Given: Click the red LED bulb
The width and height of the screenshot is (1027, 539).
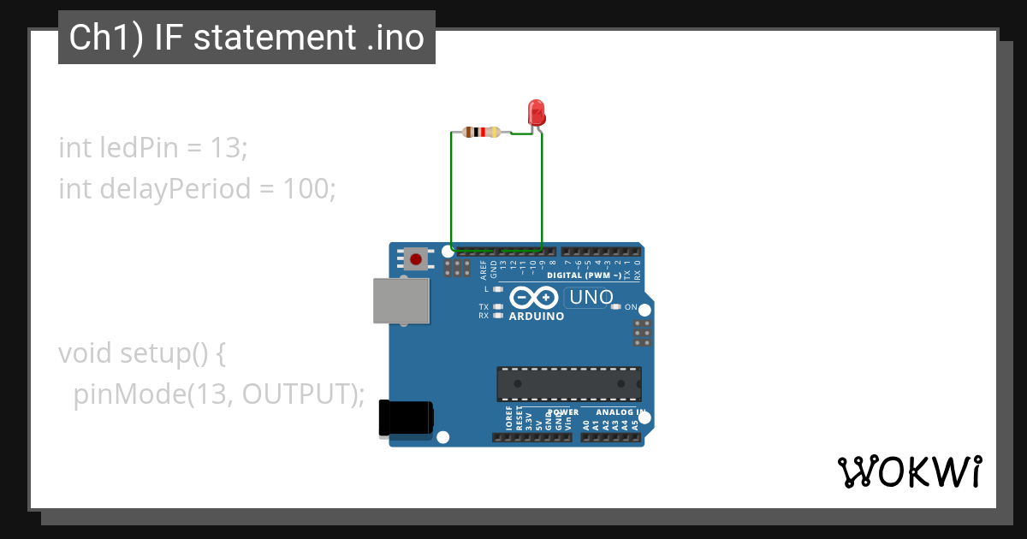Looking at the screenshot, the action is click(537, 112).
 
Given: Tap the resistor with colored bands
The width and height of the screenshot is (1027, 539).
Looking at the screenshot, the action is click(480, 132).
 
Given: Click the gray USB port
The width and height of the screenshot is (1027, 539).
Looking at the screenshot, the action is click(401, 300).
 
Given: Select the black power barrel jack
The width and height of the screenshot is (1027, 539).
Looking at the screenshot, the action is click(405, 418).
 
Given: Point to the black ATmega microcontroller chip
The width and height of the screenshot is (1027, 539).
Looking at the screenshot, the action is click(568, 383).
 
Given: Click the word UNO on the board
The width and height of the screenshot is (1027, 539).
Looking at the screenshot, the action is click(591, 298).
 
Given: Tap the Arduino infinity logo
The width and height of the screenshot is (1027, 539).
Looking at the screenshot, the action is click(535, 299).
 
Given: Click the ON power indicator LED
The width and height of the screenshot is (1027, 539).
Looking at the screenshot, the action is click(615, 306).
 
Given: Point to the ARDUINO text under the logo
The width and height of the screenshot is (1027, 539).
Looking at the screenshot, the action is click(537, 317).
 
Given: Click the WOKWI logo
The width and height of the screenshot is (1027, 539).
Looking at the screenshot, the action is click(909, 471).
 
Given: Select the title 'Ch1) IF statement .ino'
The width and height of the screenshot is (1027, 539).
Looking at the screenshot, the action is click(246, 38).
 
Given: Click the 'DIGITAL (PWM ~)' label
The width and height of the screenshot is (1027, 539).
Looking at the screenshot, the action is click(584, 275).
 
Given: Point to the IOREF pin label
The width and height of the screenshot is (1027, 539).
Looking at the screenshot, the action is click(508, 419).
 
